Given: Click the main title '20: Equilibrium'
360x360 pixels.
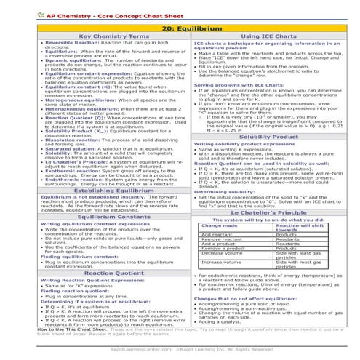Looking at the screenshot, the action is click(x=180, y=26).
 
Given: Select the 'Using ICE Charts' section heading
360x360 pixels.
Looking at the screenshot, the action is click(x=269, y=36).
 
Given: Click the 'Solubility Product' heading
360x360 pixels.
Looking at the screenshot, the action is click(x=269, y=136).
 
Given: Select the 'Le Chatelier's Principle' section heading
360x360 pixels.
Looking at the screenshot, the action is click(x=269, y=211).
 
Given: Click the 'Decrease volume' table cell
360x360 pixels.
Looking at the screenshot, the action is click(x=221, y=253).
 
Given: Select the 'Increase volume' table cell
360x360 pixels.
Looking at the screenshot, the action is click(x=221, y=260).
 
